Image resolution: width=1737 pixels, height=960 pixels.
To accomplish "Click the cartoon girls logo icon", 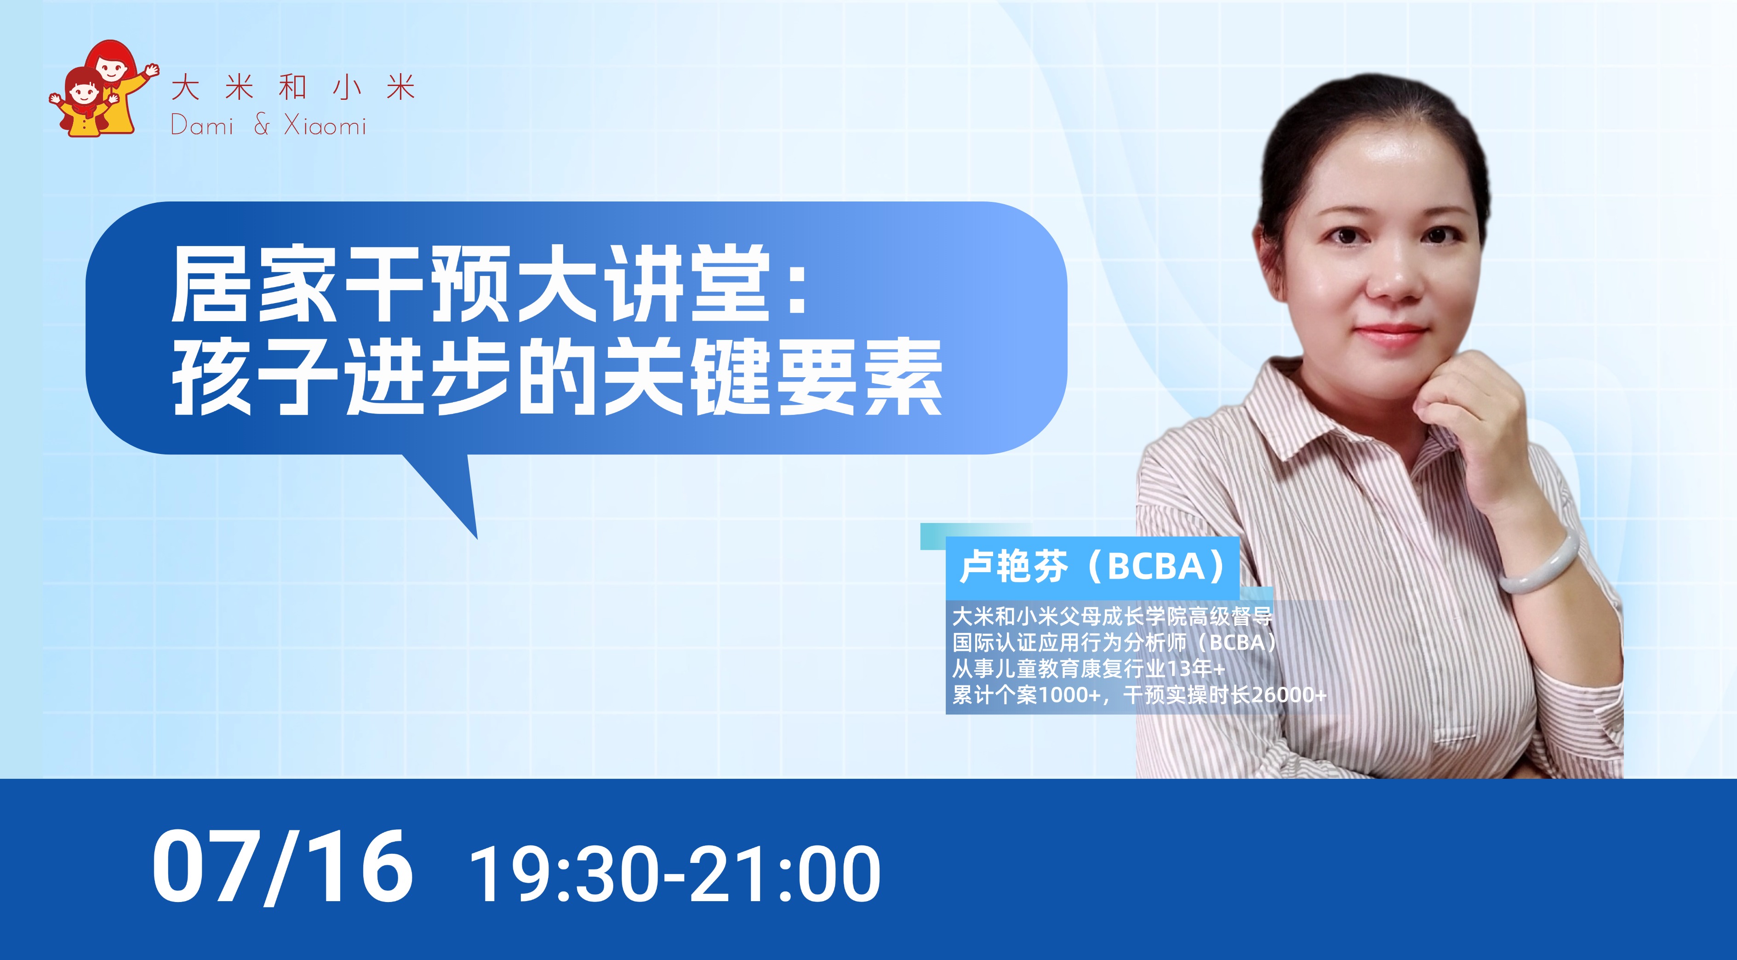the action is coord(103,89).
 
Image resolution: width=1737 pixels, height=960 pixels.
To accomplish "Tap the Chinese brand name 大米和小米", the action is coord(293,88).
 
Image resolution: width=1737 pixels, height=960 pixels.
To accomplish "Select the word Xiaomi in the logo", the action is coord(325,126).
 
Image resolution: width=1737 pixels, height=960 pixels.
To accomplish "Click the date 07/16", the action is coord(282,867).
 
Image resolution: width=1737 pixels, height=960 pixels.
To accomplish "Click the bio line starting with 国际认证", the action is coord(1114,642).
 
